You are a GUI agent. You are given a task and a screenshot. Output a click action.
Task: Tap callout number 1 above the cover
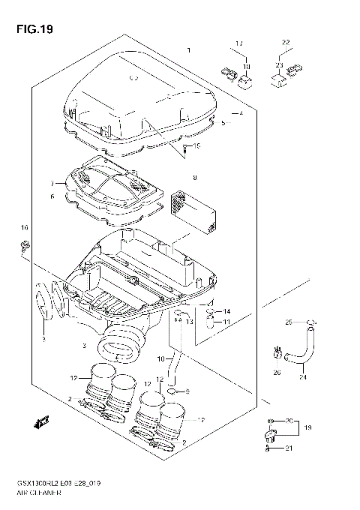point(189,50)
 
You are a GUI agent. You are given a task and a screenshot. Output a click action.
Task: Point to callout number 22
point(285,42)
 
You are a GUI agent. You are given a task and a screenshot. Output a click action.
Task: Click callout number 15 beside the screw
point(198,145)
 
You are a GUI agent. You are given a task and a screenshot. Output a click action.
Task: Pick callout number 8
point(194,178)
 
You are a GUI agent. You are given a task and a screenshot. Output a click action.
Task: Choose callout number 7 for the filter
point(52,184)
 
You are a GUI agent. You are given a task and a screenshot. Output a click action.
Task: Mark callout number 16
point(24,227)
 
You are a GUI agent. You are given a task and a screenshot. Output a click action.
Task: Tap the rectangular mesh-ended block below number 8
point(195,209)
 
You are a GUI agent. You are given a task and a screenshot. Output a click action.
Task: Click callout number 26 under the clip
point(276,372)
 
